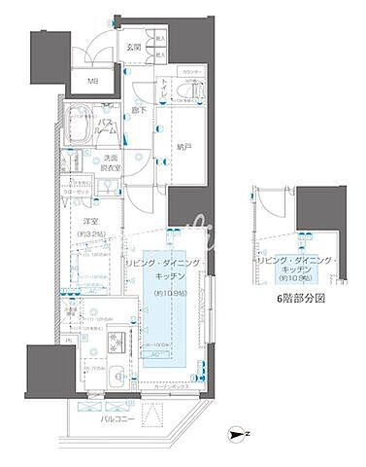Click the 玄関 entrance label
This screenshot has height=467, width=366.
click(132, 47)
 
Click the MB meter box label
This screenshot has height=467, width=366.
click(93, 82)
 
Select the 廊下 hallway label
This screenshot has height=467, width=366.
click(138, 112)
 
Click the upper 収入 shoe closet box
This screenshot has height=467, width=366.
click(159, 41)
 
